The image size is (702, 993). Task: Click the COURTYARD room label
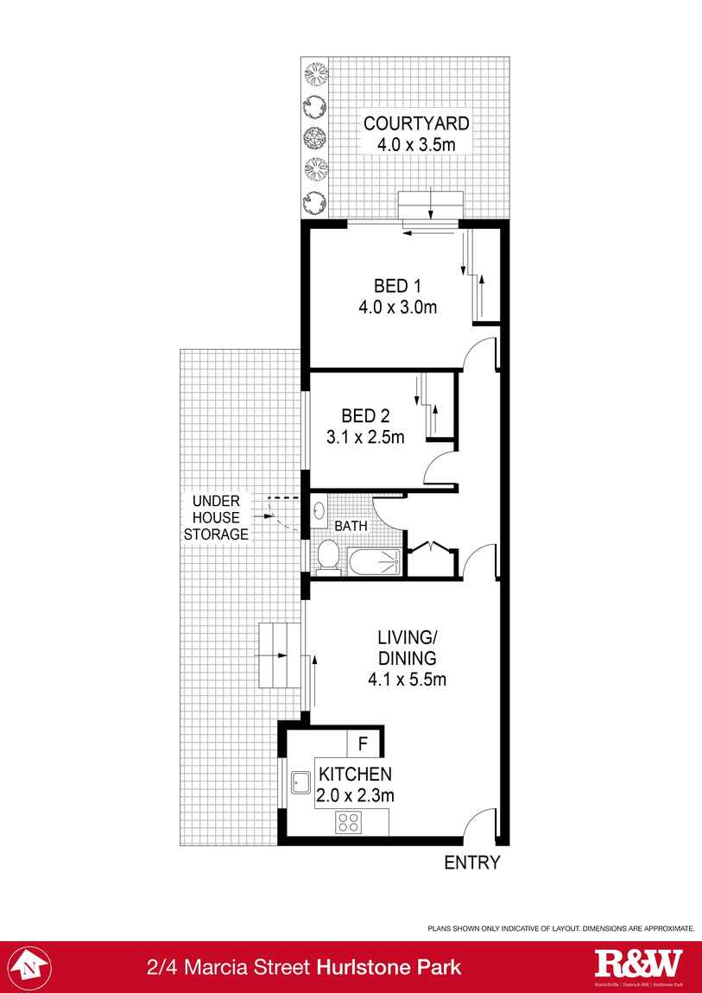tap(416, 123)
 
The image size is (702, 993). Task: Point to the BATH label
tap(351, 525)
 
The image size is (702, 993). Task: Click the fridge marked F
tap(364, 743)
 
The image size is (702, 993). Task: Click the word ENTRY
tap(471, 862)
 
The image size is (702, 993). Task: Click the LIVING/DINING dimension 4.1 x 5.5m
tap(407, 679)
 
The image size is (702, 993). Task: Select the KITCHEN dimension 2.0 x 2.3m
tap(355, 795)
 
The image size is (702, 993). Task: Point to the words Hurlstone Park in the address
tap(389, 967)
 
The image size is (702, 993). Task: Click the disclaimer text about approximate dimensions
tap(561, 928)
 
